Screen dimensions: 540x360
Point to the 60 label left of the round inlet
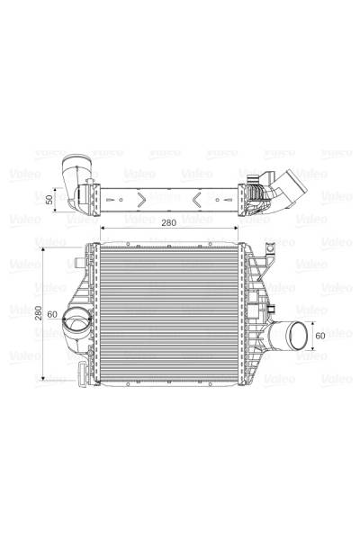[52, 314]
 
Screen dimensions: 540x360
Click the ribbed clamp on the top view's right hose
[260, 192]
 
